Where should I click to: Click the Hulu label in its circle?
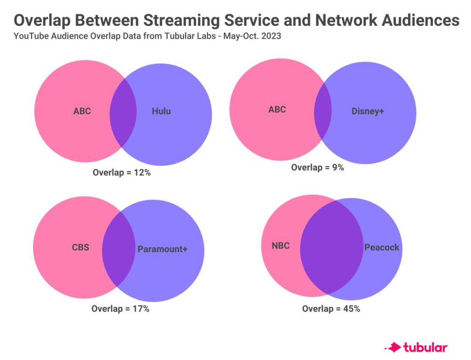click(161, 111)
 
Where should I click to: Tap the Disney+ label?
click(368, 111)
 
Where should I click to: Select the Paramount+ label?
click(162, 249)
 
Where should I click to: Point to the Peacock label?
click(382, 247)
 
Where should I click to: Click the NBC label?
click(281, 246)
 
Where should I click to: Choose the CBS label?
click(80, 247)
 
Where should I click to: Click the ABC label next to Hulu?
click(82, 111)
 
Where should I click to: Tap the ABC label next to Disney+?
click(277, 109)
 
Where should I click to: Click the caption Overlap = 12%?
click(121, 172)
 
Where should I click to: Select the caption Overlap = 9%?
click(317, 167)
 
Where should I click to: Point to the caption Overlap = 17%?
click(121, 308)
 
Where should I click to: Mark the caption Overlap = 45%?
click(331, 308)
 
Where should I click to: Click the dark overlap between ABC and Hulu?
click(123, 112)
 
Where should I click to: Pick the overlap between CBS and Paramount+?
click(119, 249)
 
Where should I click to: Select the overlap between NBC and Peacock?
click(332, 247)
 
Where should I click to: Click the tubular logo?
click(416, 348)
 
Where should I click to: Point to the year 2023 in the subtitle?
click(271, 36)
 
